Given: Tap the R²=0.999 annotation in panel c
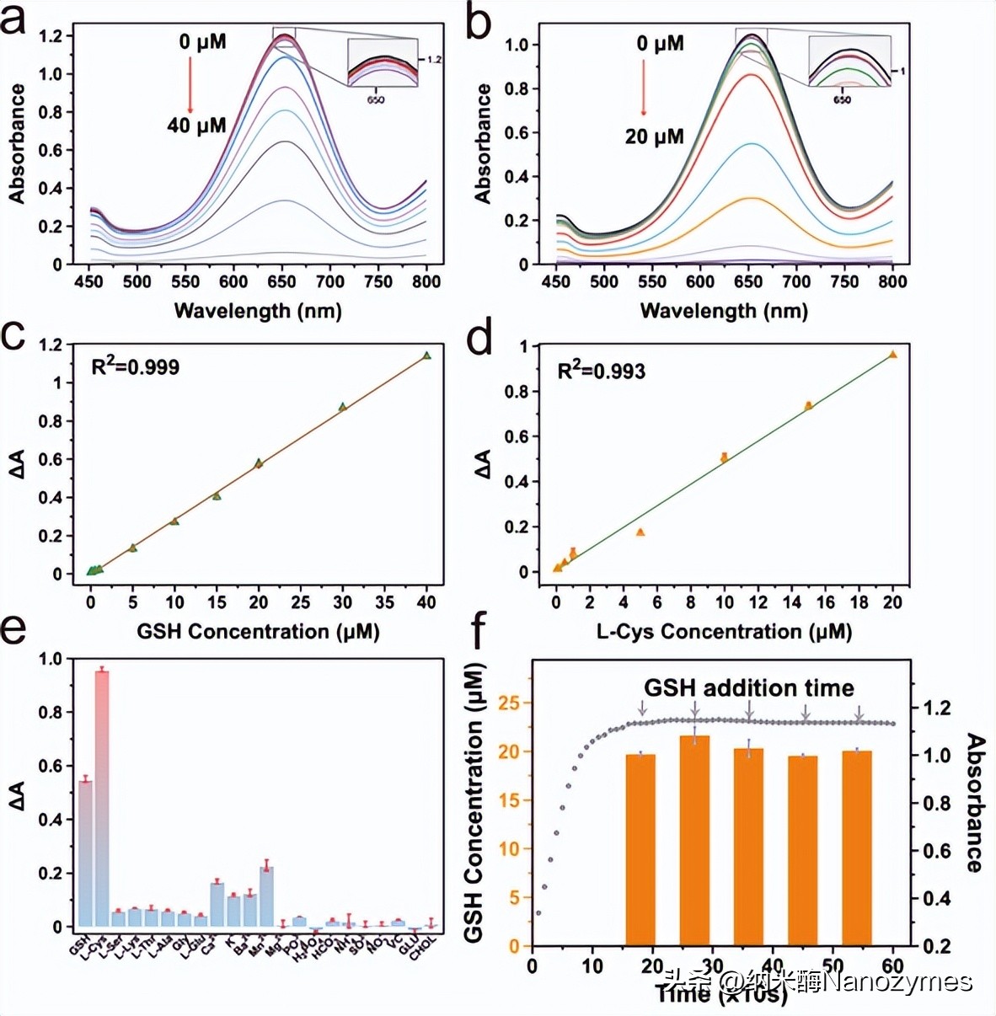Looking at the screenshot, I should coord(135,366).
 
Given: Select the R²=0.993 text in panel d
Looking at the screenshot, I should coord(601,371).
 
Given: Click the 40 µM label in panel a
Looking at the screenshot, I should coord(196,126).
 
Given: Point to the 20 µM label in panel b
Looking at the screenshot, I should coord(654,136).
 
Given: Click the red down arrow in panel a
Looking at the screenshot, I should coord(190,85).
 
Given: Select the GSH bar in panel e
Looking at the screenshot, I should coord(85,853).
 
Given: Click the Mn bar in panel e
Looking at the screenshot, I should coord(266,896).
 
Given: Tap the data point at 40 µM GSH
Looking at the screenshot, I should coord(427,356).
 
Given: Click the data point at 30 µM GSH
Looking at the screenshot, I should coord(343,407).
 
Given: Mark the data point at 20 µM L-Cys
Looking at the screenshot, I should coord(892,355).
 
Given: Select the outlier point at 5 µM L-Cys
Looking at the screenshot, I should coord(640,532).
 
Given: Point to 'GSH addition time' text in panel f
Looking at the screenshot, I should coord(748,688).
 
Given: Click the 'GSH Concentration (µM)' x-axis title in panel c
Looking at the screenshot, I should coord(258,632).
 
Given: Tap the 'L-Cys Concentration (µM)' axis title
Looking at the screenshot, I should coord(724,632).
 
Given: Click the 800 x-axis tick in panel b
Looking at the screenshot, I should coord(892,281).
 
